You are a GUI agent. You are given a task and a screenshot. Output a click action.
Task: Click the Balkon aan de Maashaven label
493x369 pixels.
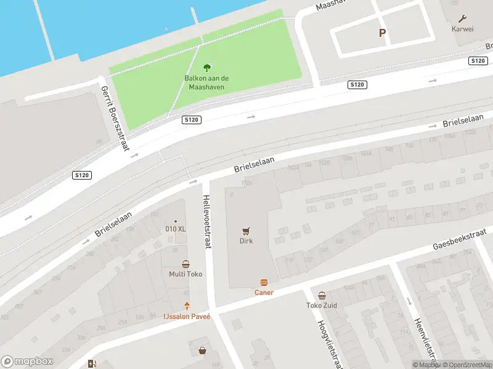pyautogui.click(x=207, y=82)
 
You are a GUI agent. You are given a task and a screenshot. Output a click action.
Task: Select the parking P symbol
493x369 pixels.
pyautogui.click(x=382, y=33)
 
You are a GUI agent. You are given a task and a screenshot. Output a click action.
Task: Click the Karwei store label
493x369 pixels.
pyautogui.click(x=462, y=29)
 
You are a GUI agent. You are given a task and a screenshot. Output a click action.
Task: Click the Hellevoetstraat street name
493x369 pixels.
pyautogui.click(x=207, y=221)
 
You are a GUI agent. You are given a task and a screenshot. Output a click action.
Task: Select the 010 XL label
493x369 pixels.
pyautogui.click(x=176, y=229)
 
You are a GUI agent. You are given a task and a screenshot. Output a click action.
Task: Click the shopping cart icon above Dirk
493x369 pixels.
pyautogui.click(x=246, y=231)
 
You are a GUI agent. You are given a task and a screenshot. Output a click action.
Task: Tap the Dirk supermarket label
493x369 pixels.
pyautogui.click(x=246, y=241)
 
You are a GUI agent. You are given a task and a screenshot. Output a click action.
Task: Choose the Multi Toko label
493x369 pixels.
pyautogui.click(x=185, y=274)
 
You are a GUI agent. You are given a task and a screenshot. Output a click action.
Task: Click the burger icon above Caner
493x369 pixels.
pyautogui.click(x=264, y=282)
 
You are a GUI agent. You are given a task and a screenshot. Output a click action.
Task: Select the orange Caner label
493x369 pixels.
pyautogui.click(x=264, y=293)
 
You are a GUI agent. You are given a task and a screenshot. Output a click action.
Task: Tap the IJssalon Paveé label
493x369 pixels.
pyautogui.click(x=187, y=316)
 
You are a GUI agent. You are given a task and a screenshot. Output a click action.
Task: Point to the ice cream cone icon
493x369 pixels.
pyautogui.click(x=187, y=306)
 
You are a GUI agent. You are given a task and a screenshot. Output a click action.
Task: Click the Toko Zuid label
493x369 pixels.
pyautogui.click(x=322, y=306)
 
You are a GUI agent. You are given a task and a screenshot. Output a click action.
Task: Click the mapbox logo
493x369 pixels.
pyautogui.click(x=27, y=362)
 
